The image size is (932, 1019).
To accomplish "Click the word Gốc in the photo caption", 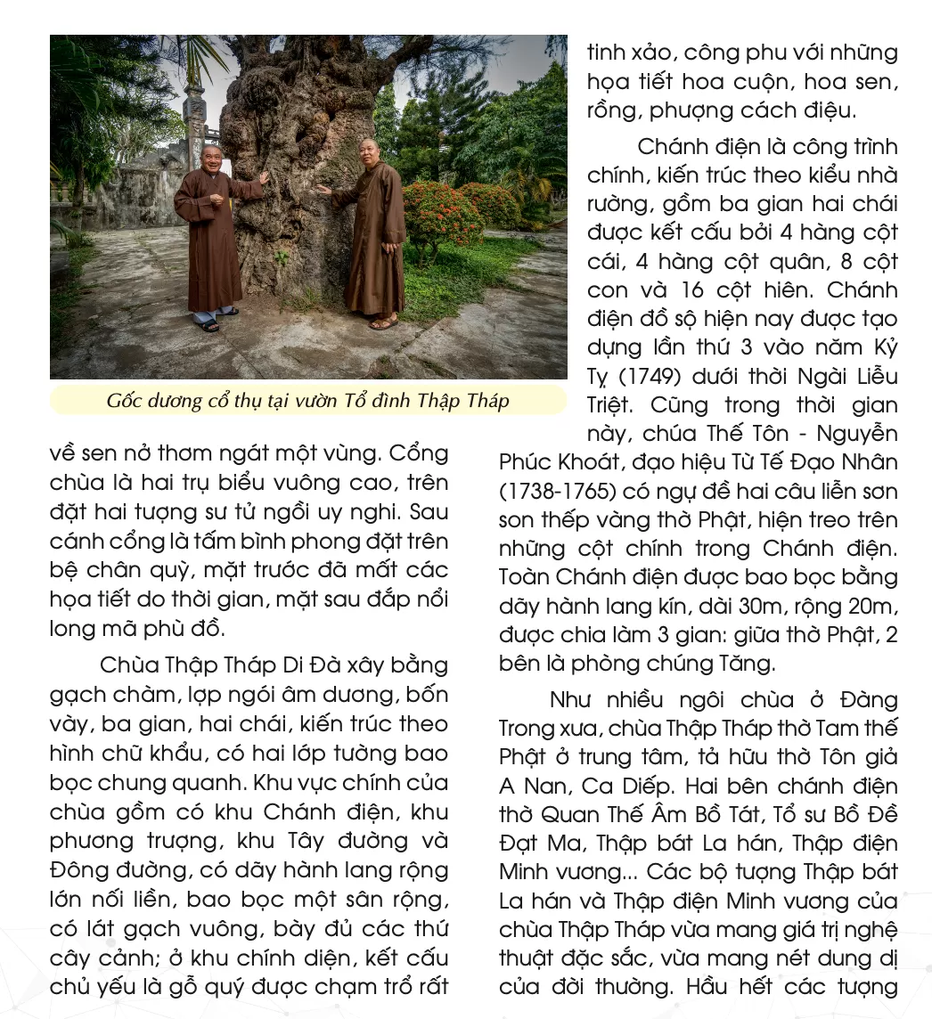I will pos(124,401).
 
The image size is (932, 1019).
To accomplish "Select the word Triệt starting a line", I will pos(610,405).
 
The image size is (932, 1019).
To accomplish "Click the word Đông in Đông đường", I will pos(75,870).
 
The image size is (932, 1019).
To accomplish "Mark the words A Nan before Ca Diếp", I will pos(535,787).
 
